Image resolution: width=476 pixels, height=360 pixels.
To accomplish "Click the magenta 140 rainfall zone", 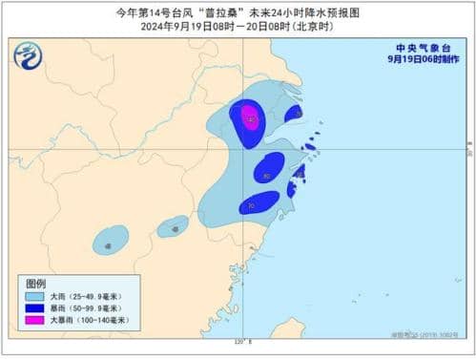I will click(250, 118).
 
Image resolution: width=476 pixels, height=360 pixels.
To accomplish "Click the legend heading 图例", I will click(35, 284).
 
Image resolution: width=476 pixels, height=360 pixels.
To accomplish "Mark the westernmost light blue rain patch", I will click(112, 239).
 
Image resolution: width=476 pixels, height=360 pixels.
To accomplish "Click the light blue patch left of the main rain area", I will click(174, 226).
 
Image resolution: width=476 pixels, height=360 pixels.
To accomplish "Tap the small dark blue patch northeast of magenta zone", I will click(294, 114).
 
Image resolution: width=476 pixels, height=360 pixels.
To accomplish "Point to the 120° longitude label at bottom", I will click(239, 343).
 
